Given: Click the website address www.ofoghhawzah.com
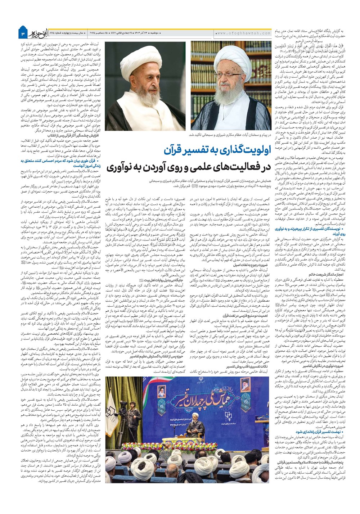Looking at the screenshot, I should (243, 33).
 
